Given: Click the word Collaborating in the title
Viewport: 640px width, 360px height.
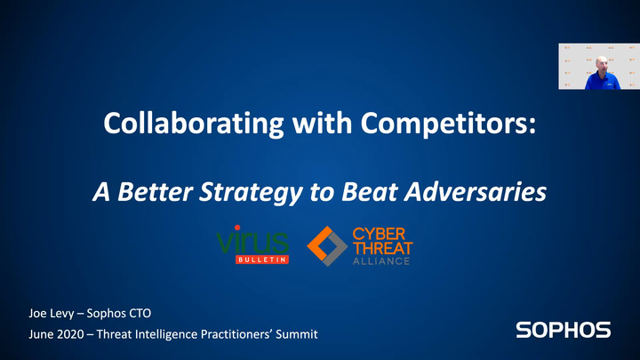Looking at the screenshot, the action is [194, 124].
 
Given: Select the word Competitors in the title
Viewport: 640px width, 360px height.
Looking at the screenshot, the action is [448, 124].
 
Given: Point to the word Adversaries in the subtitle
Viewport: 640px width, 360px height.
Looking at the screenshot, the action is [475, 191].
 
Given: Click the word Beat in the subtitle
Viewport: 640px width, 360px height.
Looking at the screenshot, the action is [370, 191].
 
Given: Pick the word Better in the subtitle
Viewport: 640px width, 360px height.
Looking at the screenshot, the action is [155, 191].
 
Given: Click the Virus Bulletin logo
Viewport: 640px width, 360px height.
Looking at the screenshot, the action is [252, 244].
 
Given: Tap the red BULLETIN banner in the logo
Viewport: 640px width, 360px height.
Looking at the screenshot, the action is [262, 260].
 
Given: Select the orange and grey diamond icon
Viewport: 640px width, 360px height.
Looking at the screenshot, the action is [327, 246].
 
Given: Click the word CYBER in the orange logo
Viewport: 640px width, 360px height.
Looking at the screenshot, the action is [379, 234].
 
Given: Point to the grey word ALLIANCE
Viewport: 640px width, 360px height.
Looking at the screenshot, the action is [381, 260].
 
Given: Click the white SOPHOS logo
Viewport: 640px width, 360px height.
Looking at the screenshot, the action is [564, 330].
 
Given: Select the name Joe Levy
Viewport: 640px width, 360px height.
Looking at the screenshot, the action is [52, 314].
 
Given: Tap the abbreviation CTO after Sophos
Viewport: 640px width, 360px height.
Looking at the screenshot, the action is [140, 313].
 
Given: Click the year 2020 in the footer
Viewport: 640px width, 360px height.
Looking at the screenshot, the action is [70, 334].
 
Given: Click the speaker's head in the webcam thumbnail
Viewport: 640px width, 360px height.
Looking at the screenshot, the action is [601, 64].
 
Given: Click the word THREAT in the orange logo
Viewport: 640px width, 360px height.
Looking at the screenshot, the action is [383, 248].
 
